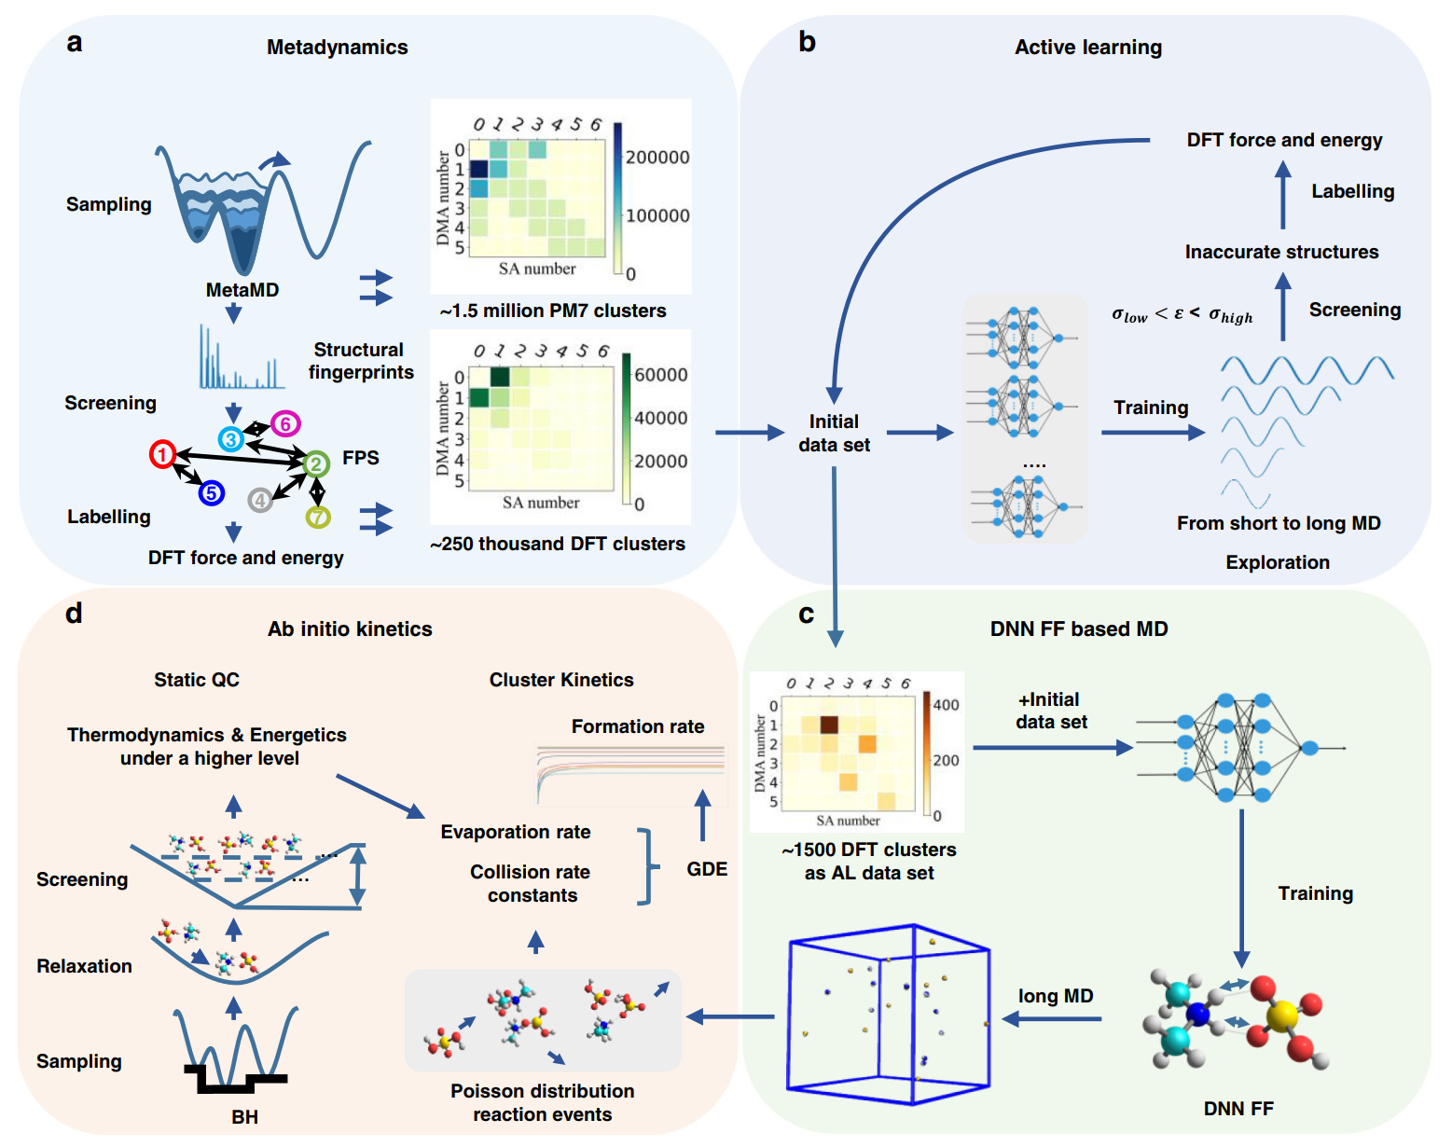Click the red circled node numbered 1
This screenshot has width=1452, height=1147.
coord(163,454)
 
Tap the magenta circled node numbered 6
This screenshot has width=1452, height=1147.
coord(285,424)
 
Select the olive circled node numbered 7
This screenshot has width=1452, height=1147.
coord(318,517)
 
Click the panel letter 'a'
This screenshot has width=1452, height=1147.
coord(75,43)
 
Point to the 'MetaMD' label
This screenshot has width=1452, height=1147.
coord(242,290)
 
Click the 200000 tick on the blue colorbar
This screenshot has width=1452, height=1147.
coord(657,158)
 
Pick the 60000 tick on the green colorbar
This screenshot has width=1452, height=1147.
coord(660,375)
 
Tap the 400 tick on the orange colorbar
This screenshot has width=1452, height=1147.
coord(946,705)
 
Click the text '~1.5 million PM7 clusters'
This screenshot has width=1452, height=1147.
coord(553,311)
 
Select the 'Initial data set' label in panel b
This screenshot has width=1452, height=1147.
coord(834,434)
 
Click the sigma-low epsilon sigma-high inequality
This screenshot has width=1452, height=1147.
coord(1182,314)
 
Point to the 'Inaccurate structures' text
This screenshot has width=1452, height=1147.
coord(1281,252)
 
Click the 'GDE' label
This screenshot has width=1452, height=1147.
coord(707,869)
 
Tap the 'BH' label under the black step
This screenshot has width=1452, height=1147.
coord(244,1116)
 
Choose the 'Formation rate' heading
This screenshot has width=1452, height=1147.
coord(638,726)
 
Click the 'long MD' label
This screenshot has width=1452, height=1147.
coord(1056,996)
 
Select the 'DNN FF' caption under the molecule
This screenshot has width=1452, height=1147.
coord(1238,1109)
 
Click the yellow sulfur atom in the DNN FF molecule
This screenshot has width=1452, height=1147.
coord(1283,1015)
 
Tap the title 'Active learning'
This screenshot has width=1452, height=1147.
coord(1088,48)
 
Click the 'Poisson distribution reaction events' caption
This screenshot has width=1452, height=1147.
coord(543,1102)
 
